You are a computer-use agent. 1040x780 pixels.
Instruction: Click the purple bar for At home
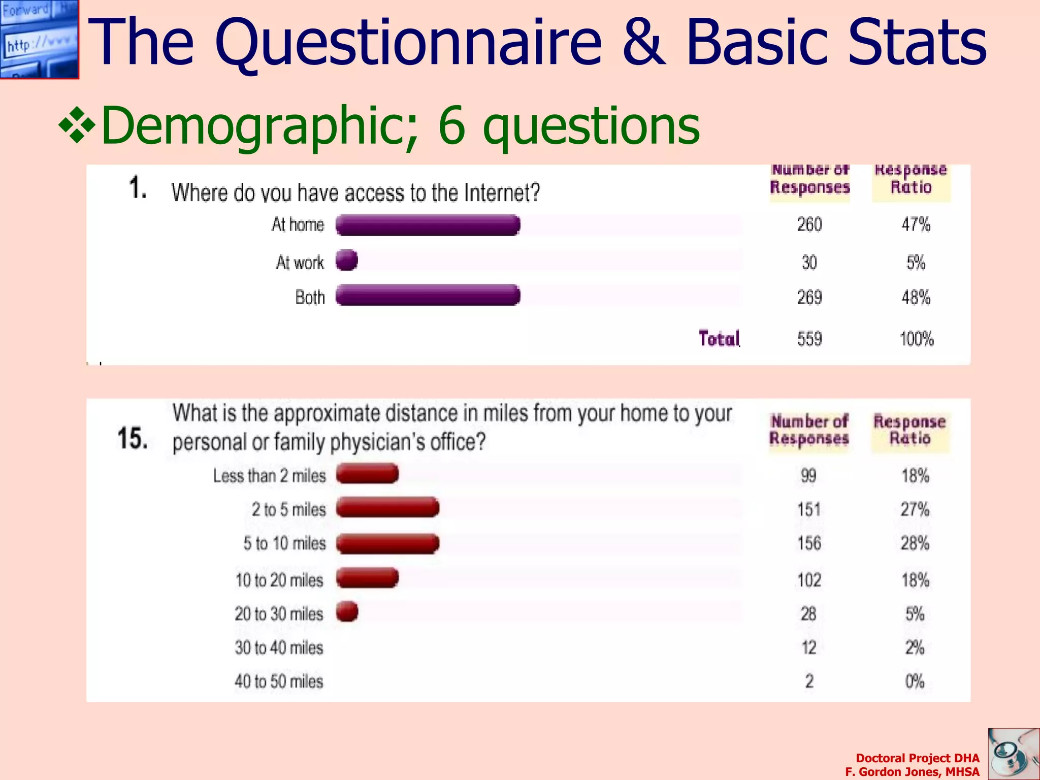[428, 225]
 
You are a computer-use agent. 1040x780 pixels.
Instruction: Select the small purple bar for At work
[347, 260]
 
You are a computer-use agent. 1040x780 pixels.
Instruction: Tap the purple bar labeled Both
[428, 295]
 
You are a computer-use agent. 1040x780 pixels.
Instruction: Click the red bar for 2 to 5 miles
[387, 507]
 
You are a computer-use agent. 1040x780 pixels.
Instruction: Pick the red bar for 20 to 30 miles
[347, 612]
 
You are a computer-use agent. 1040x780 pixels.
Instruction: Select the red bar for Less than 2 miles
[367, 474]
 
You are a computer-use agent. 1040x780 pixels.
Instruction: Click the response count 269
[809, 297]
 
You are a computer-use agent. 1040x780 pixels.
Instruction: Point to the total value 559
[809, 339]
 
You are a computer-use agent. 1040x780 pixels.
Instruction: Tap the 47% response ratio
[916, 224]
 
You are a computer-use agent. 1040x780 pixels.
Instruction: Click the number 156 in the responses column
[809, 543]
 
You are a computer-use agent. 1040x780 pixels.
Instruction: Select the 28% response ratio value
[915, 543]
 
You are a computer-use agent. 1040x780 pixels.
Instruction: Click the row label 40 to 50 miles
[279, 681]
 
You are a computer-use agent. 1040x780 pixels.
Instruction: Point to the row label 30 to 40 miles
[279, 648]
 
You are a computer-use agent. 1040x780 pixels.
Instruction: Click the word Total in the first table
[719, 339]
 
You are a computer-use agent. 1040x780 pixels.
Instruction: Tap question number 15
[133, 438]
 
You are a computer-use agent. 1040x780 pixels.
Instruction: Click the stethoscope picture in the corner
[1013, 754]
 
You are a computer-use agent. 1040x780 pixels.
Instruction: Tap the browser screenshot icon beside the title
[39, 39]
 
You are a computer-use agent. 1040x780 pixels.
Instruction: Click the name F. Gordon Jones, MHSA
[912, 772]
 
